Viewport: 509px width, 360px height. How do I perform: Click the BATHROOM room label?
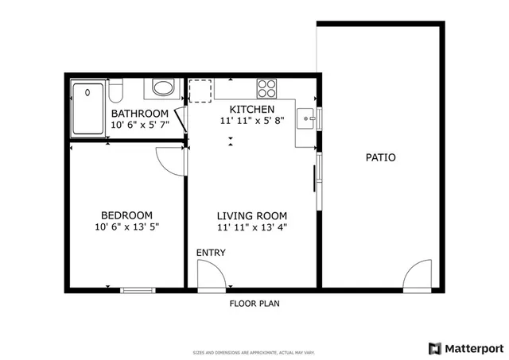click(139, 114)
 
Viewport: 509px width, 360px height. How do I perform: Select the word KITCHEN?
click(252, 110)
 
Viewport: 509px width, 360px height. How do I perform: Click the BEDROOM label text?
click(126, 215)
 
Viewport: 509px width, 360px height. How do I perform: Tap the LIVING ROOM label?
click(252, 215)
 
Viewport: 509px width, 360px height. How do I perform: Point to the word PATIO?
click(380, 157)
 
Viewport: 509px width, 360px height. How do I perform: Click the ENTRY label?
click(211, 253)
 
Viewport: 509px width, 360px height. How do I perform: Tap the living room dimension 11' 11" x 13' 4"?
click(252, 227)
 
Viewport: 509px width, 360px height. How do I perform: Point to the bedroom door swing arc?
click(171, 159)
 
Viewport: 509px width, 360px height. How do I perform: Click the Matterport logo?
click(466, 348)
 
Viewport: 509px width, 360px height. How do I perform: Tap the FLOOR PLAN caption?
click(254, 304)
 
